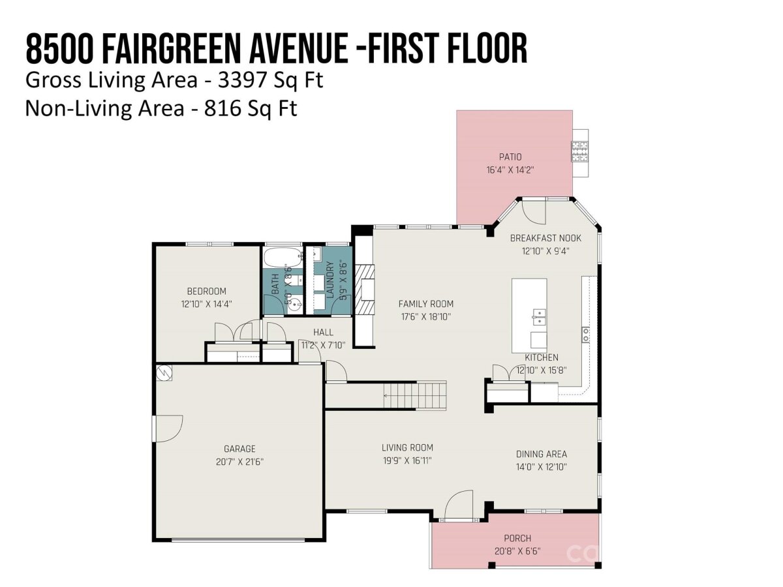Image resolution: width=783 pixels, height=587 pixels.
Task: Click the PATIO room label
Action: pos(510,157)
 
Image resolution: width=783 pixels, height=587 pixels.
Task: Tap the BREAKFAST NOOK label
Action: pos(545,238)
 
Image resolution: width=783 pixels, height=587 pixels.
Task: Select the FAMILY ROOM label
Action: pos(426,304)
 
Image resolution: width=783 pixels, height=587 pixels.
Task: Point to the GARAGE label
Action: pos(239,449)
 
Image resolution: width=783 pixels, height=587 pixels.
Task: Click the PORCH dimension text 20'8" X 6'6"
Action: pos(517,551)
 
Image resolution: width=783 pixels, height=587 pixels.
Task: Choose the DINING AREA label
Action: pos(542,454)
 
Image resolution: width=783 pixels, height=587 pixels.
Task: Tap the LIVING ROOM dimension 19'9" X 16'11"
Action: pos(407,460)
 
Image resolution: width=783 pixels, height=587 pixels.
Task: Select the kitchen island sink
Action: pos(539,317)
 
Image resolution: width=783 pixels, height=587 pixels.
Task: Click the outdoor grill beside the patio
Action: pos(579,152)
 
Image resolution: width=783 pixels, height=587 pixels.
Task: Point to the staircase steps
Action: pos(415,395)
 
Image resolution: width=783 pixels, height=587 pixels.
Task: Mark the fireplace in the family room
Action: pos(365,290)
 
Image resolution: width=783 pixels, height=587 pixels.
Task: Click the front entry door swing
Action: pos(459,505)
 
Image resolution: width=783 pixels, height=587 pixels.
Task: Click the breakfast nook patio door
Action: pos(533,213)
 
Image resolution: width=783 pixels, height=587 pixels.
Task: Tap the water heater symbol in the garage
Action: pos(164,373)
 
